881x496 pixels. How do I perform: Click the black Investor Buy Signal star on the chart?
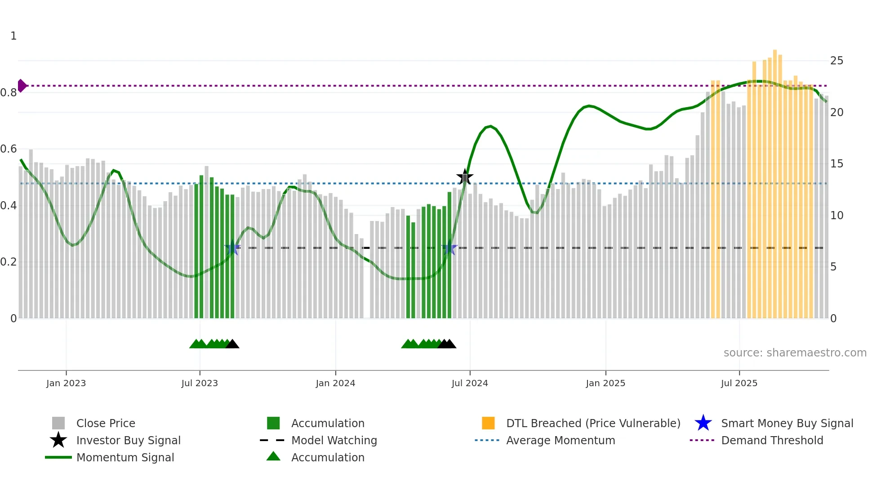465,177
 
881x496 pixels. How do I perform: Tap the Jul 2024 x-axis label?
470,383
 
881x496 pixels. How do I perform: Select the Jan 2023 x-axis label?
66,383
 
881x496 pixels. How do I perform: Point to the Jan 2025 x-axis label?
605,383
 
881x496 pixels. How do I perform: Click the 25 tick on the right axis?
837,60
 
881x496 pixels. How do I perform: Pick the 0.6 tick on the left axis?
9,149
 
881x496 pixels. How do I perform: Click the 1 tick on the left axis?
13,36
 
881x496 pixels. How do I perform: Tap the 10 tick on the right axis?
837,215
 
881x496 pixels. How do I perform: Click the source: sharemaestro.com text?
795,352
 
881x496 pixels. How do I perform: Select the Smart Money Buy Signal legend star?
703,423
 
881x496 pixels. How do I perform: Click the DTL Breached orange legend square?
488,423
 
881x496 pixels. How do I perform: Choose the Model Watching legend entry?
334,440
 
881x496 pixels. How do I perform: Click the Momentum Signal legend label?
125,457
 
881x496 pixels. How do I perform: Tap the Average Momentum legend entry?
561,440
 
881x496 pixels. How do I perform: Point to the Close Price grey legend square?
58,423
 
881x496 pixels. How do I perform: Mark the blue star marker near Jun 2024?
449,248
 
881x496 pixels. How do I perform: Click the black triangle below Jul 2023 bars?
232,344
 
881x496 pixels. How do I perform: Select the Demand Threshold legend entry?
772,440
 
